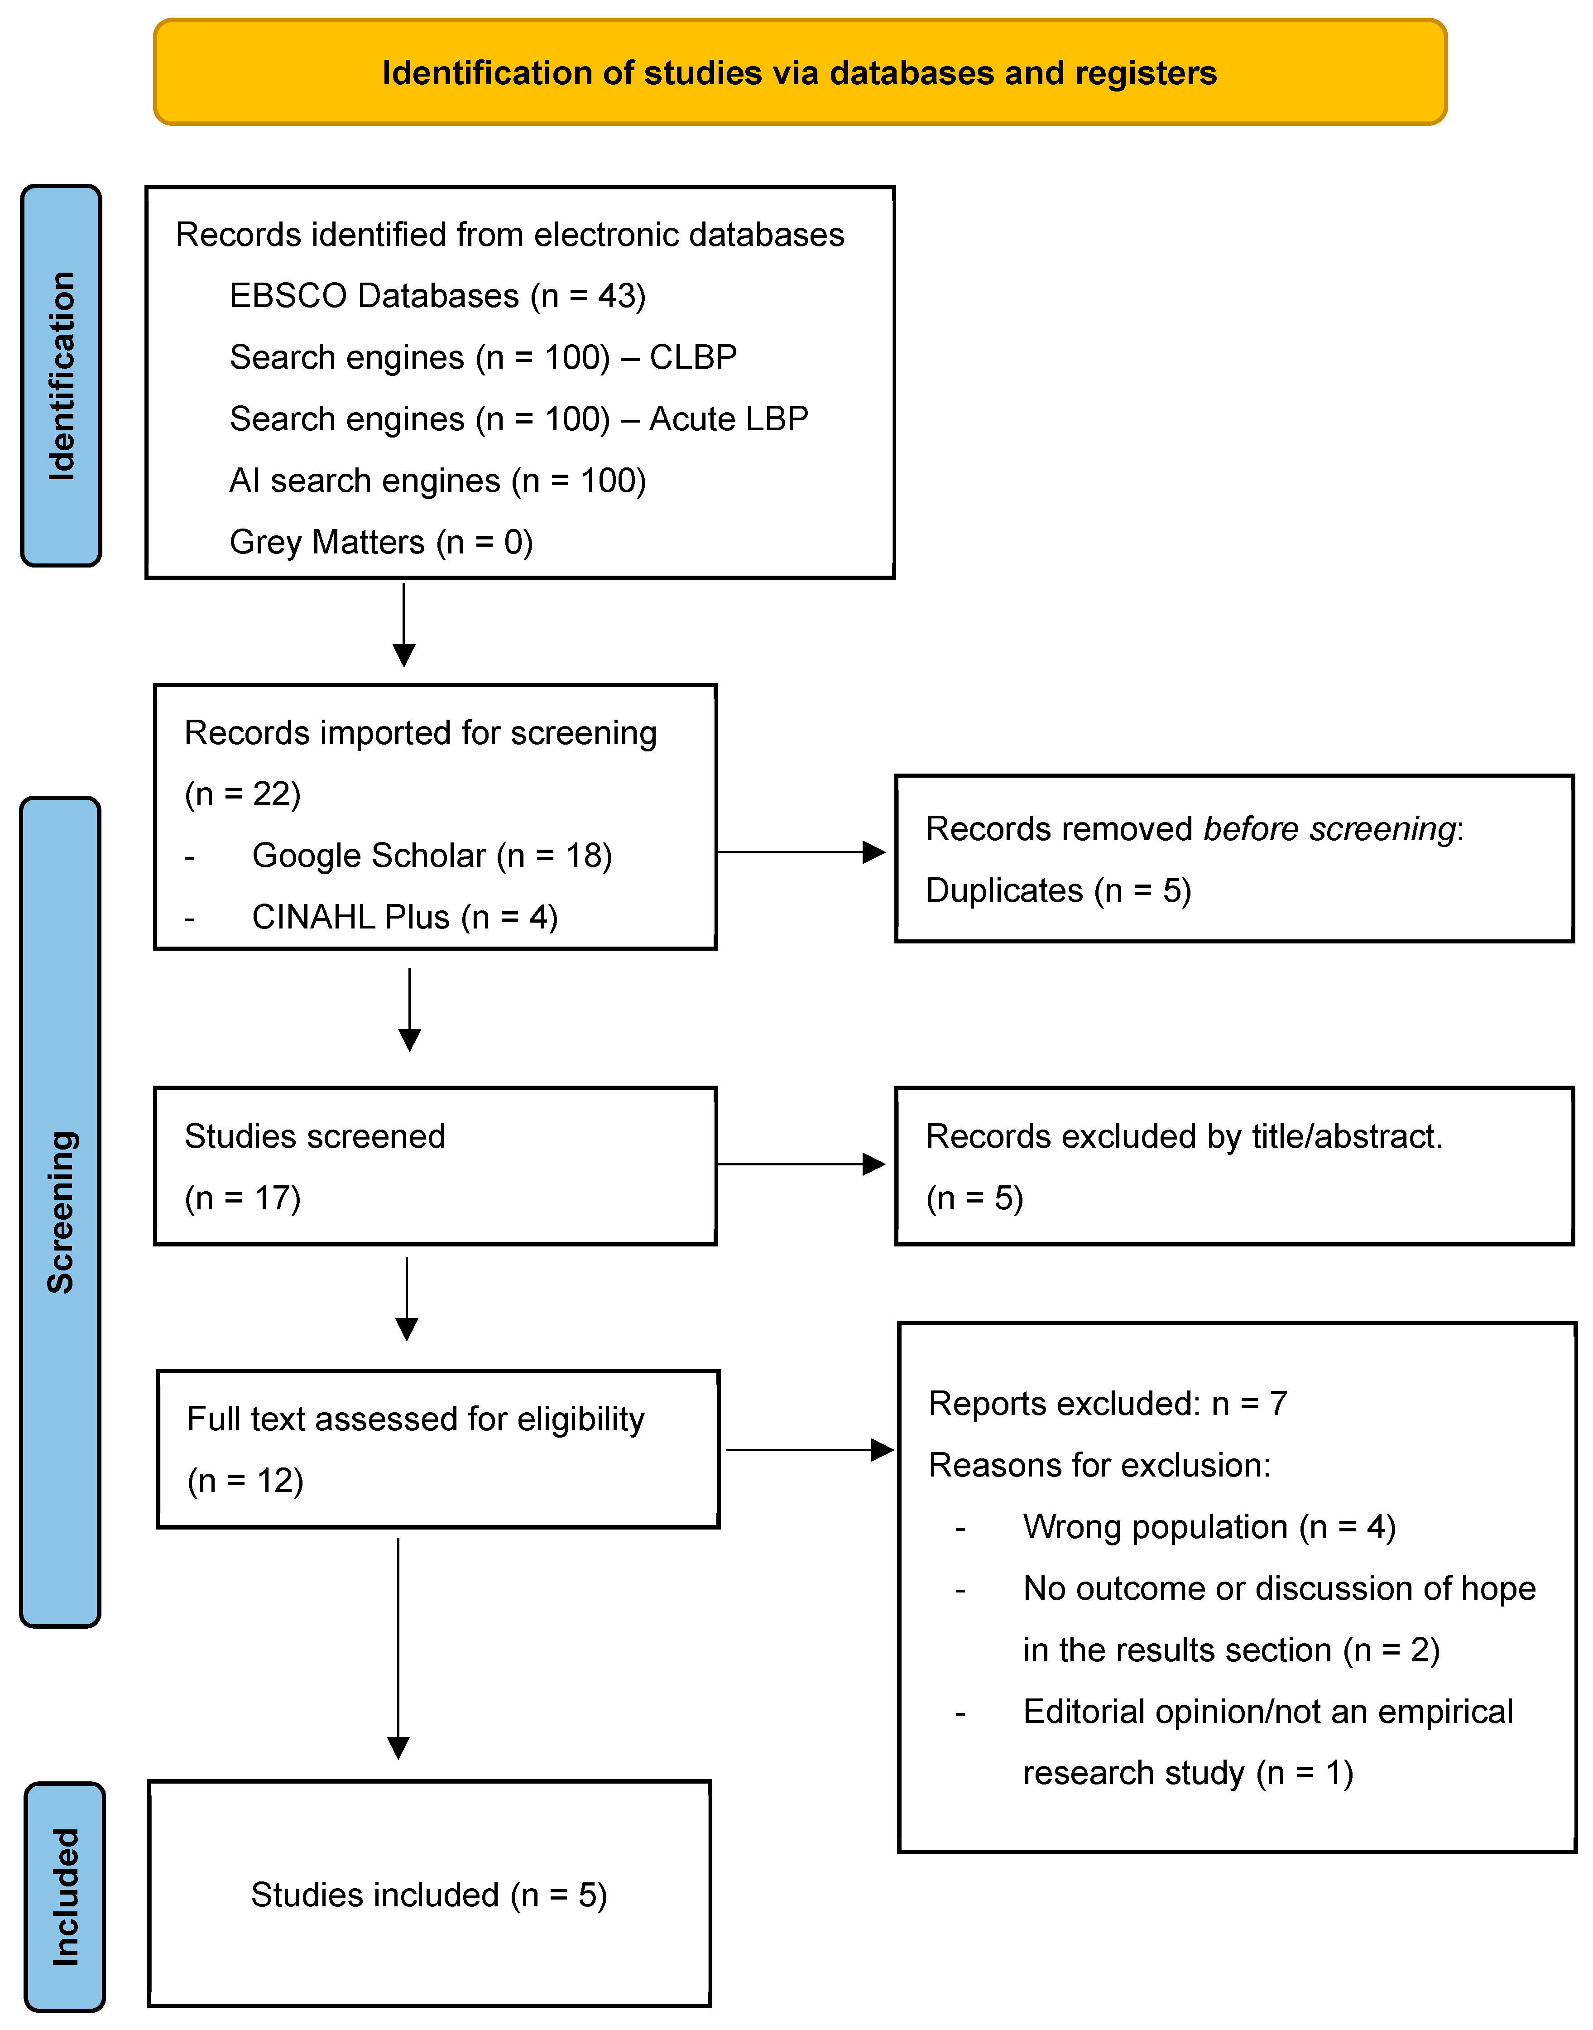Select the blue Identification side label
[x=62, y=376]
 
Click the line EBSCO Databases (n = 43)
[x=437, y=296]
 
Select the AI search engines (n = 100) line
[x=437, y=481]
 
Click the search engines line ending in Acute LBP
[x=518, y=419]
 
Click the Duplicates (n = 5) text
[x=1058, y=890]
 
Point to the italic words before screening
[x=1329, y=828]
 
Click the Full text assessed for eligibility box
[x=437, y=1449]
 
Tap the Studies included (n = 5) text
[x=429, y=1895]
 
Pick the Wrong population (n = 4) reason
[x=1209, y=1527]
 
